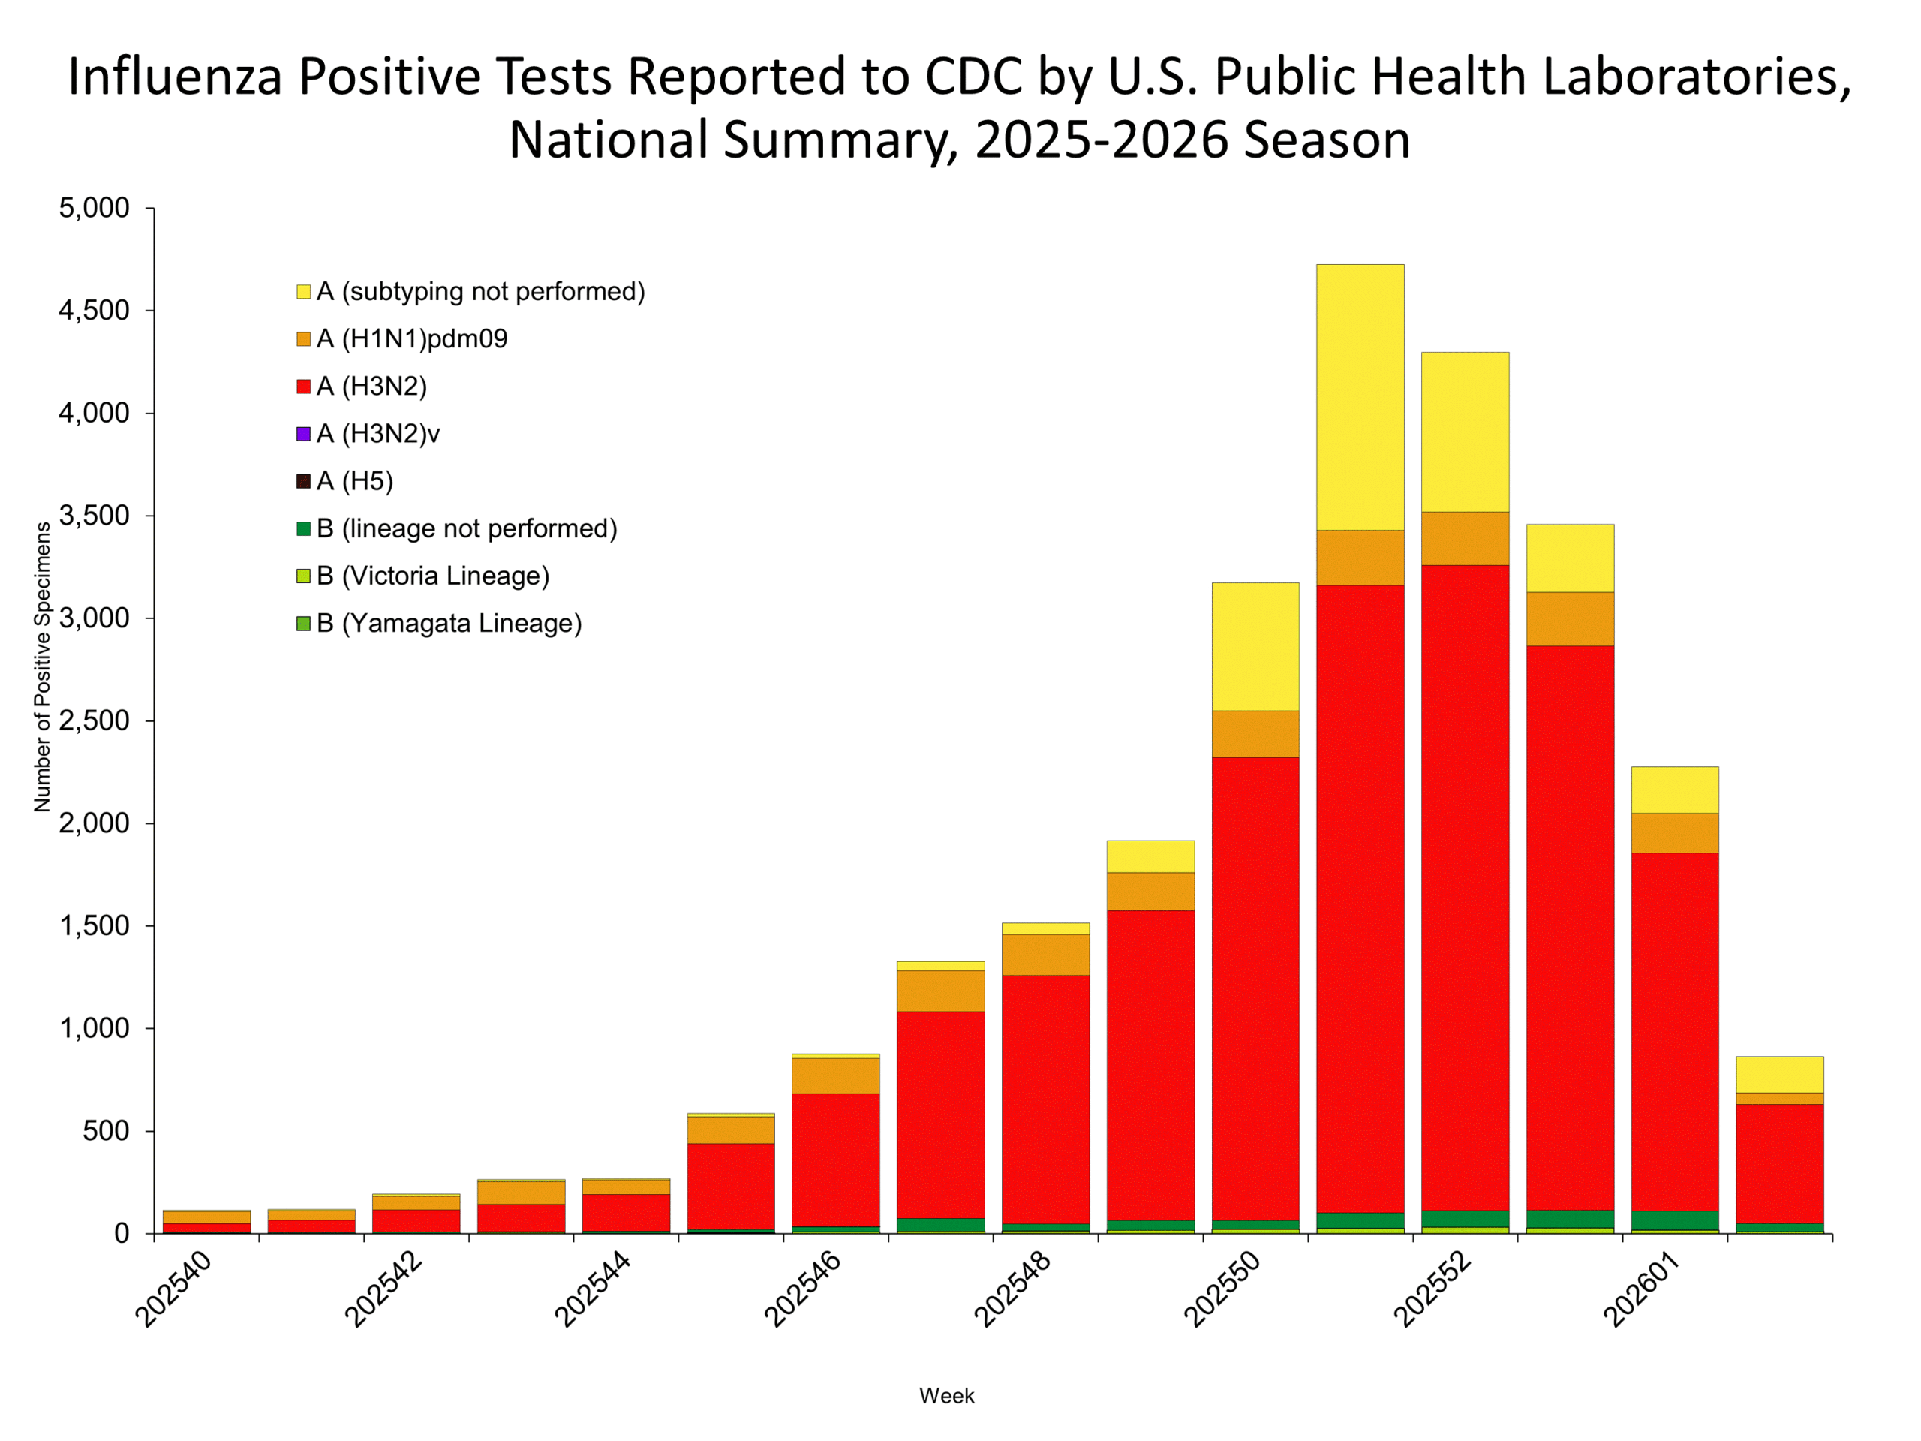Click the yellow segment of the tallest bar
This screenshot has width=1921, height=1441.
pos(1360,397)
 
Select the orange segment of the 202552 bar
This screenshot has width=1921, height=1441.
pos(1465,539)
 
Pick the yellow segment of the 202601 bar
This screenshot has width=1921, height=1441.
pos(1674,790)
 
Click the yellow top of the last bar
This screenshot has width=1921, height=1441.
pos(1779,1075)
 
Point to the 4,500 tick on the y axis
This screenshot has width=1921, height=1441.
pos(94,311)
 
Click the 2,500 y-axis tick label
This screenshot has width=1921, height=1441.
pos(94,721)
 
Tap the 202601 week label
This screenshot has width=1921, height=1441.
pos(1640,1289)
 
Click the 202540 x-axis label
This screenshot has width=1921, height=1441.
pos(173,1289)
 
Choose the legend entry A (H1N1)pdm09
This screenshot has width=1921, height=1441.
pos(412,338)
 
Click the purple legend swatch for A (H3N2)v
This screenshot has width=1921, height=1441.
pos(303,434)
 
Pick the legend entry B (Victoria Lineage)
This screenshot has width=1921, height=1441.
pos(432,576)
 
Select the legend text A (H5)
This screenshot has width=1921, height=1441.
pos(354,481)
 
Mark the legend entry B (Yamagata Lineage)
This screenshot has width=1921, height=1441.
pos(448,624)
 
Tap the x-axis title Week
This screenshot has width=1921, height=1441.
pos(946,1396)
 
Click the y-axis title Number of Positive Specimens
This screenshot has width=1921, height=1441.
pos(42,667)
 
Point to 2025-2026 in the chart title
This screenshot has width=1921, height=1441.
pos(1101,140)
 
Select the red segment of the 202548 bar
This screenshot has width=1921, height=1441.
pos(1045,1099)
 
